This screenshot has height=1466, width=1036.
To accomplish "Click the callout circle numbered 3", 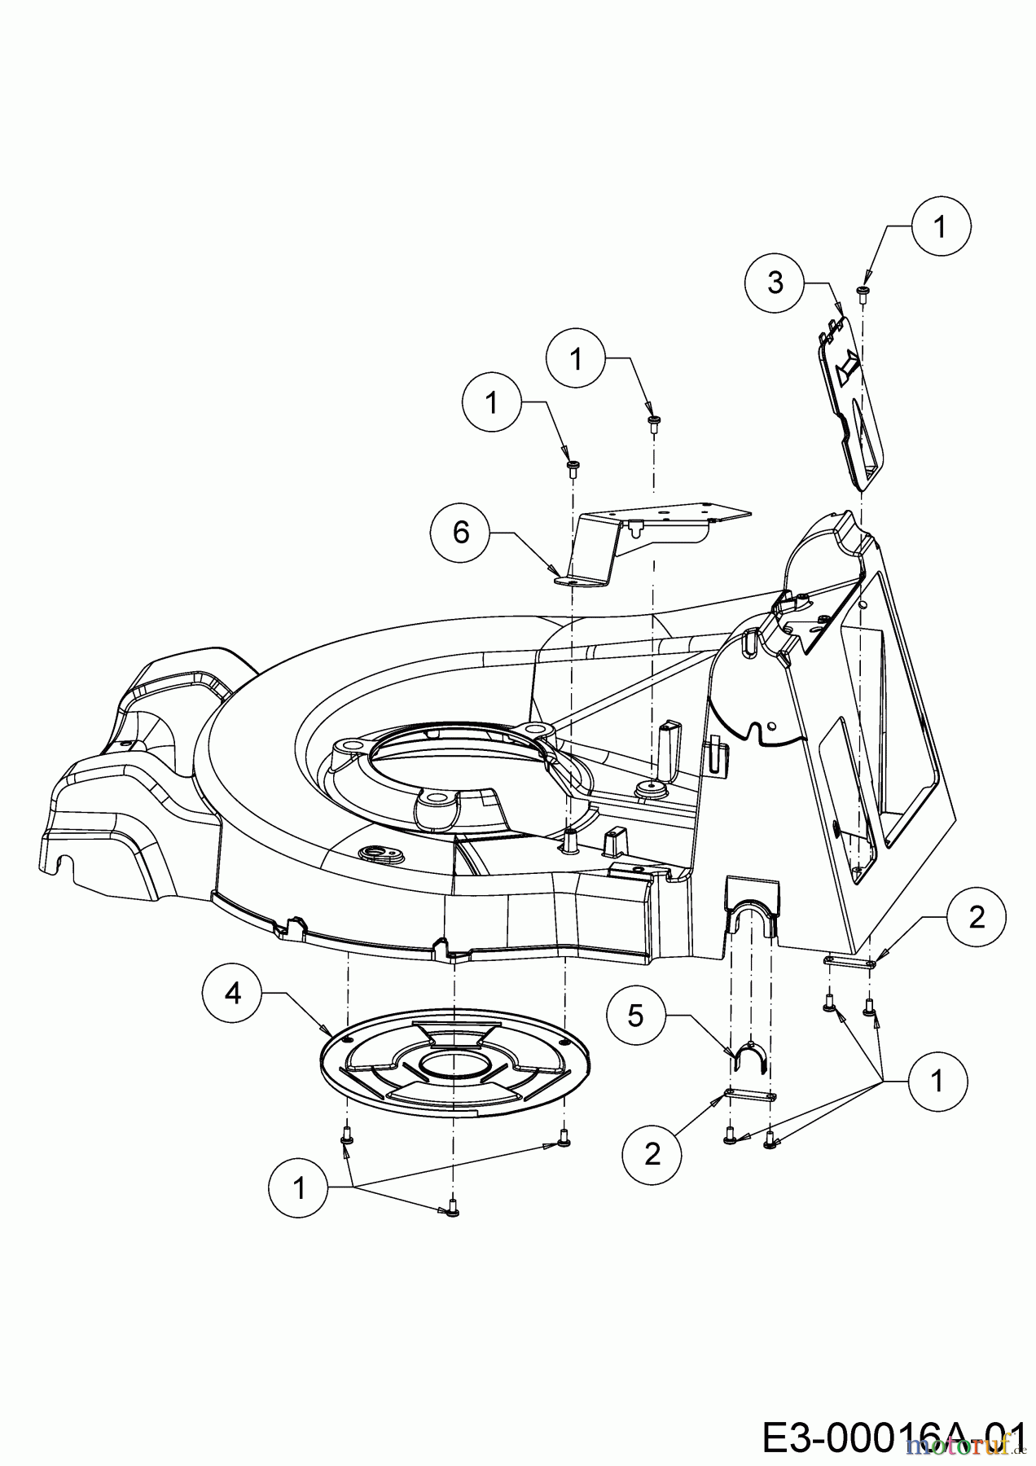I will click(775, 283).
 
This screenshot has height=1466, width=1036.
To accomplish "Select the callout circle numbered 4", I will click(233, 994).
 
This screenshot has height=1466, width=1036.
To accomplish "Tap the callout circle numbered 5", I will click(636, 1015).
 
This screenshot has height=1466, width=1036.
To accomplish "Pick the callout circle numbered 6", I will click(461, 533).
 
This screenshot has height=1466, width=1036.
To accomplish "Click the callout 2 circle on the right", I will click(977, 918).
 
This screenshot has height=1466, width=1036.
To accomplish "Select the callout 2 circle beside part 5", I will click(652, 1154).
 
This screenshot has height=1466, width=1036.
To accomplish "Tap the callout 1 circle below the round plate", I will click(299, 1188).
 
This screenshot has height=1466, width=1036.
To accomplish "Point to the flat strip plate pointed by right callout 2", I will click(849, 963).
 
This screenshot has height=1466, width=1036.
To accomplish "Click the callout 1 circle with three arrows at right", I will click(937, 1082).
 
